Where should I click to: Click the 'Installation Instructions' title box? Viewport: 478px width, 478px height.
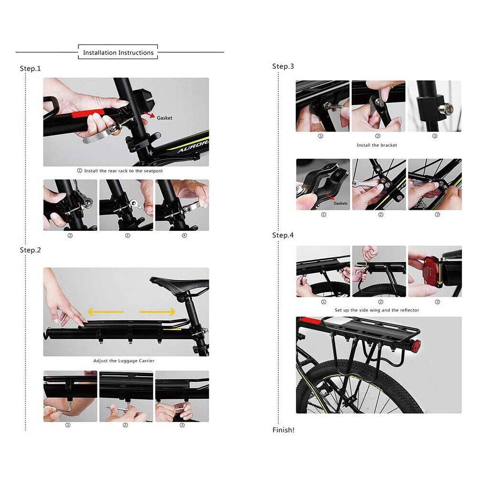click(x=118, y=52)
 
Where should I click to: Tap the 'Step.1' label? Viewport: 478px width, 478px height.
click(x=30, y=68)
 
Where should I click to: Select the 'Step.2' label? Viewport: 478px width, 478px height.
click(x=30, y=250)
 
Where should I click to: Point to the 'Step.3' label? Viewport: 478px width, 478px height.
click(x=283, y=66)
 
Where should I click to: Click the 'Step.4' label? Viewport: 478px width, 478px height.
click(x=283, y=235)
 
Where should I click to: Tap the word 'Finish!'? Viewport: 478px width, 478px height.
click(x=283, y=430)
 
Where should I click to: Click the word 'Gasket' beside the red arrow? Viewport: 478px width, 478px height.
click(x=164, y=118)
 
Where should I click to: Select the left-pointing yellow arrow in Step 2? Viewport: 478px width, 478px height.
click(x=106, y=312)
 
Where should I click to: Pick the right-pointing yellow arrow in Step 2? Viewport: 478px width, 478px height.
click(x=158, y=312)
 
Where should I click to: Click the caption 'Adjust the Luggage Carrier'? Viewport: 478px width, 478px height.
click(x=124, y=361)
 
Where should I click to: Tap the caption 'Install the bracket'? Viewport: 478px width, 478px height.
click(x=377, y=145)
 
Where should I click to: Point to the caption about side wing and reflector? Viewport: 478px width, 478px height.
click(x=377, y=310)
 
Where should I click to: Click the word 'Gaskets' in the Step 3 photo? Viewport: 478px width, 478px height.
click(x=340, y=203)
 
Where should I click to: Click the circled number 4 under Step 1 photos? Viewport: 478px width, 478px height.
click(x=185, y=236)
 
